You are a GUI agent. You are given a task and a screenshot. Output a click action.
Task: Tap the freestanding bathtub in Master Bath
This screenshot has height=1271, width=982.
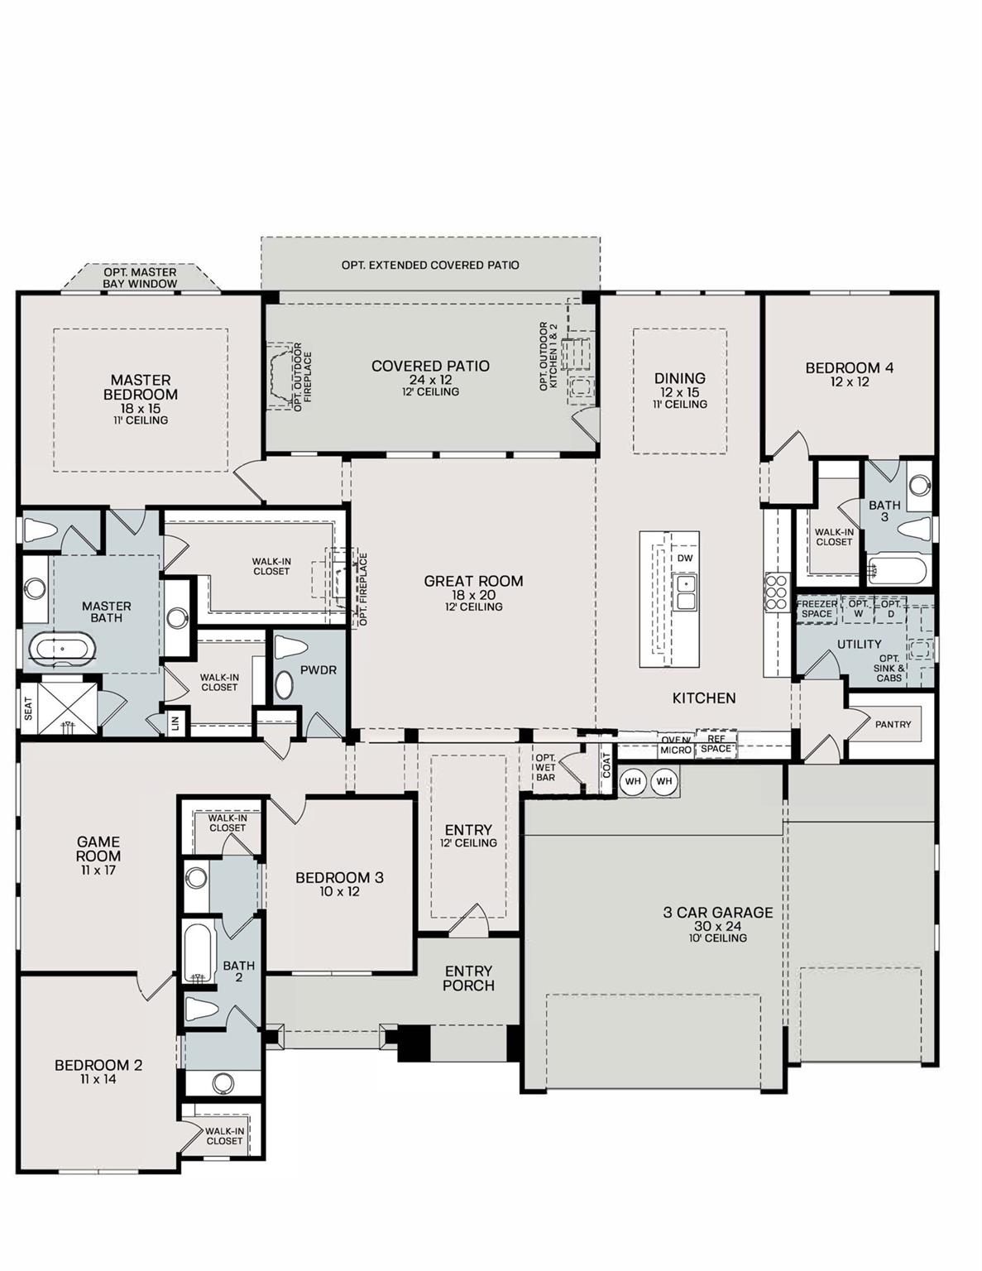coord(63,650)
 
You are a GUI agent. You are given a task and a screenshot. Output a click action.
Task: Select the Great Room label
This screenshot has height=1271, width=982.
coord(473,582)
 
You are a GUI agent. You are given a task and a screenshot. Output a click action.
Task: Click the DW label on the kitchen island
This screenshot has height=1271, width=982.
coord(684,559)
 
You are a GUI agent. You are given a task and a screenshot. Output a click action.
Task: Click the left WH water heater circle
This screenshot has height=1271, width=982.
coord(633,781)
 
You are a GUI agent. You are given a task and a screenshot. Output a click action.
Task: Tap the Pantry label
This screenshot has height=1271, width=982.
coord(893,724)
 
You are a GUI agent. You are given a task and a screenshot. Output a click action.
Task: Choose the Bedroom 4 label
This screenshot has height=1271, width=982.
coord(850,368)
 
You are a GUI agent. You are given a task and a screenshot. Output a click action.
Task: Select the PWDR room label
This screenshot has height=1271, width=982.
coord(319,669)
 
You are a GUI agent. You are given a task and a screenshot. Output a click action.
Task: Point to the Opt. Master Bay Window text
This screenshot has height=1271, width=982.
coord(140,278)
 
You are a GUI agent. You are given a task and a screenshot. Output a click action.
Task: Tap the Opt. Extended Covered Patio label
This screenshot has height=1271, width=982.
coord(430,265)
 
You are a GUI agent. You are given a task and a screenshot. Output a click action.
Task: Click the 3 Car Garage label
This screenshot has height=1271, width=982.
coord(717,913)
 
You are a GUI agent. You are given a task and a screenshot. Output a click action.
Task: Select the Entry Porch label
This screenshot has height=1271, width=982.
coord(468,978)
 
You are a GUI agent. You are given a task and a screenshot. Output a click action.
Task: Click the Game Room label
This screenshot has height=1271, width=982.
coord(98,849)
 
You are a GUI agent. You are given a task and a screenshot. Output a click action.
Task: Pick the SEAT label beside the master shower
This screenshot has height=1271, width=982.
coord(28,707)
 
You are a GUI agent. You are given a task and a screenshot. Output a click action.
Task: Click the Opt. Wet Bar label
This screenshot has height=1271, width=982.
coord(545,767)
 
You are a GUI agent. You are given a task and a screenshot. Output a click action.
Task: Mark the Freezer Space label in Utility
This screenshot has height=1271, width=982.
coord(817,609)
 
